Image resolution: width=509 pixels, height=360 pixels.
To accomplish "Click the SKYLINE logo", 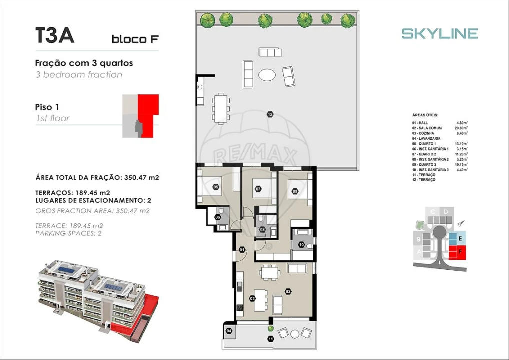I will (x=440, y=33).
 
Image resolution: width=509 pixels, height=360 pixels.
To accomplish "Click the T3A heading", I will (x=55, y=36).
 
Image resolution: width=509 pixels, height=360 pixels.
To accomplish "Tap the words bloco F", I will (x=135, y=39).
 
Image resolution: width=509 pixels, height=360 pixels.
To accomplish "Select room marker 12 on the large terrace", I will (x=270, y=114).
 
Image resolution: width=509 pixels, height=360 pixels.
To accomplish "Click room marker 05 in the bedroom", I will (x=216, y=187).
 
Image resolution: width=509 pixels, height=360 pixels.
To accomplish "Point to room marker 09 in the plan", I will (x=295, y=190).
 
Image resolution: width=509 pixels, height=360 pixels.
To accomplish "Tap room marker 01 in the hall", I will (x=242, y=250).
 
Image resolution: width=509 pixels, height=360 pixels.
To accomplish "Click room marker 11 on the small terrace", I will (x=271, y=339).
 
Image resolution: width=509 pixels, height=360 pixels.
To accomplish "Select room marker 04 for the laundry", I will (x=229, y=331).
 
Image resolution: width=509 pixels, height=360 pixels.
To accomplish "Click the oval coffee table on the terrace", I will (x=267, y=75).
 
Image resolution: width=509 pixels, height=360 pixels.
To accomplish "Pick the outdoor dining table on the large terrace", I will (x=221, y=108).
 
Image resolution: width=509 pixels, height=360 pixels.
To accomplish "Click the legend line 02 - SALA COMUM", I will (x=427, y=128).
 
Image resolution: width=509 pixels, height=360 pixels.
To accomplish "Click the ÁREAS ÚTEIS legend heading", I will (x=425, y=115).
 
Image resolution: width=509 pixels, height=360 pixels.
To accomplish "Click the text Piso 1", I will (x=47, y=107).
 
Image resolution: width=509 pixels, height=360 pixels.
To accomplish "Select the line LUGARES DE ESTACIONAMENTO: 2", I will (x=93, y=200).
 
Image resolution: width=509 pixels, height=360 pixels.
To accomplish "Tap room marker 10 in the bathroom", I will (x=301, y=244).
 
